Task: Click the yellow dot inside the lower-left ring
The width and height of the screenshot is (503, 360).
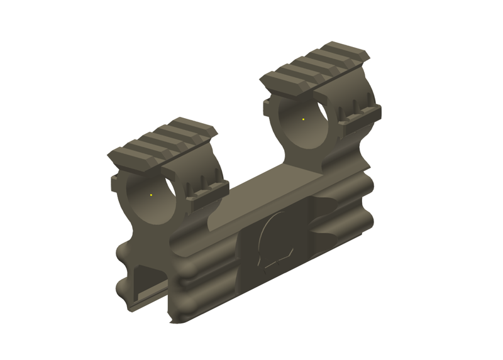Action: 152,195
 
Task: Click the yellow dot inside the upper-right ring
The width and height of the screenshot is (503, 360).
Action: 304,118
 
